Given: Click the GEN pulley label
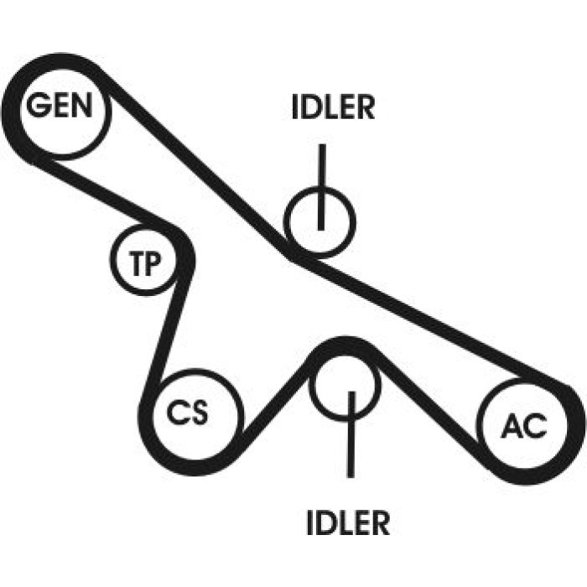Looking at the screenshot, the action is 60,105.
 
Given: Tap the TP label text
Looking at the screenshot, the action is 145,263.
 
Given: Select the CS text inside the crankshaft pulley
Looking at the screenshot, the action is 187,412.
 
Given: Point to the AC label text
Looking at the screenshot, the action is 524,426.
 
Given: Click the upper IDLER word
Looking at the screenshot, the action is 333,107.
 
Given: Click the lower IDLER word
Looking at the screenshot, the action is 348,522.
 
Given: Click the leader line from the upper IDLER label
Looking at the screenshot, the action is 321,187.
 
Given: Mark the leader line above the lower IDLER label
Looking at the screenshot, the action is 351,434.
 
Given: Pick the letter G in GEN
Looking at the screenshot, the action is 38,105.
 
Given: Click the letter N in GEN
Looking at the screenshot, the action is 81,105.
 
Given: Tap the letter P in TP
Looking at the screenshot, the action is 153,263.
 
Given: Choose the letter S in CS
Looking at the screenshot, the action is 198,412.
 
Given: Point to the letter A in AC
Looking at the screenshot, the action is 512,426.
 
